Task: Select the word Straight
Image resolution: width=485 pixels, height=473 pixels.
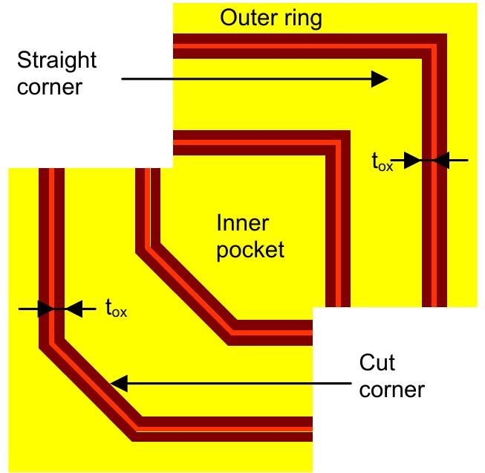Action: (56, 59)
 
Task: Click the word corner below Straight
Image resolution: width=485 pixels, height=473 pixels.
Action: (47, 86)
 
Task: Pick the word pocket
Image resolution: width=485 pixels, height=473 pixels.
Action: (251, 248)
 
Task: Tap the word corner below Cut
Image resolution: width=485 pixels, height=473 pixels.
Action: (391, 389)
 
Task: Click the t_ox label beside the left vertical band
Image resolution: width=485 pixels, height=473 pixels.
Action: (116, 307)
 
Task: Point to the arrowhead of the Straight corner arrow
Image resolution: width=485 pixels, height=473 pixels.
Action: (380, 78)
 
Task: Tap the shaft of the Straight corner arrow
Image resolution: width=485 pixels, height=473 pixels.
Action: (245, 78)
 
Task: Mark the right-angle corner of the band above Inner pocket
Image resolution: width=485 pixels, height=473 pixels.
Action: (338, 144)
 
